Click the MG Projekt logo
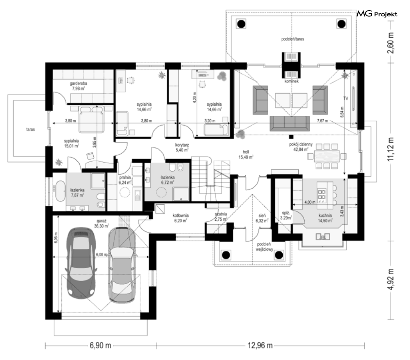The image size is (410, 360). [x=377, y=14]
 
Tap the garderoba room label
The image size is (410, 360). [x=78, y=83]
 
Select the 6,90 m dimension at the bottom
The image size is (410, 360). [x=100, y=345]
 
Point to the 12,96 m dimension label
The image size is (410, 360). [x=260, y=345]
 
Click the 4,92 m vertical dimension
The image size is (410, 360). [x=390, y=279]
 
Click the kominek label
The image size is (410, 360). [x=292, y=81]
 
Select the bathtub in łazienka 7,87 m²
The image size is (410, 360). [x=60, y=191]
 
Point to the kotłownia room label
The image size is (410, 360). [x=180, y=216]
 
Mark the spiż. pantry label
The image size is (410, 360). [x=285, y=213]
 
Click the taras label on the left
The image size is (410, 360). [x=30, y=129]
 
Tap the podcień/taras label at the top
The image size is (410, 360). [x=292, y=39]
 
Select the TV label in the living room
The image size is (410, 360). [x=346, y=99]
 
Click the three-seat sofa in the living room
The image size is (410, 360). [x=289, y=123]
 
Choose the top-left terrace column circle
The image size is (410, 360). [x=241, y=24]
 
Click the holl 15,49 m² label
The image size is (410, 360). [x=246, y=154]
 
